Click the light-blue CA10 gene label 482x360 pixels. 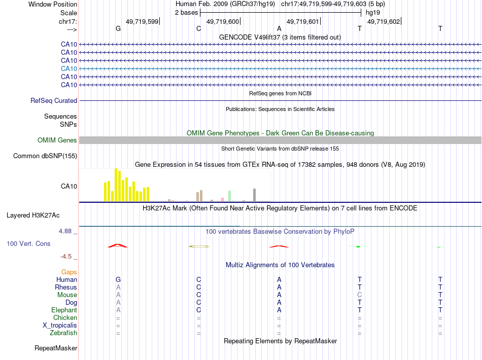(69, 68)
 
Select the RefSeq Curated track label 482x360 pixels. (54, 101)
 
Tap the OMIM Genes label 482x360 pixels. (57, 140)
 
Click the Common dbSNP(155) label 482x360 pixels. (45, 156)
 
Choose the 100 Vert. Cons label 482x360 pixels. (29, 244)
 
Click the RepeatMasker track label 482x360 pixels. (56, 348)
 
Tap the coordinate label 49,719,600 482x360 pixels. (223, 22)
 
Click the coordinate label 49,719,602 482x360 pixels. (384, 22)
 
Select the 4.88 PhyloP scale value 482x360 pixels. (68, 231)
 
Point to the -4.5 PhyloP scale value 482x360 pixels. (69, 257)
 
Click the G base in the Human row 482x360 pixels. (118, 279)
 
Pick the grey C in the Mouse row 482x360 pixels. (360, 295)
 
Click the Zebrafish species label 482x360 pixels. (63, 333)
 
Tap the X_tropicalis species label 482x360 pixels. (60, 326)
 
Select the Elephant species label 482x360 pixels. (64, 310)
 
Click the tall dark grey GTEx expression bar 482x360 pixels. (254, 195)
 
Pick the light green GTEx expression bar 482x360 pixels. (229, 196)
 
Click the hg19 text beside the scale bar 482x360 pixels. (372, 12)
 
